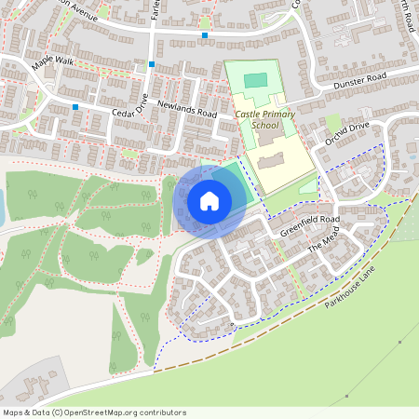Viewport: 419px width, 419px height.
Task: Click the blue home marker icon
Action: coord(209,200)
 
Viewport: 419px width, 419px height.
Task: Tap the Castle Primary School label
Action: coord(264,119)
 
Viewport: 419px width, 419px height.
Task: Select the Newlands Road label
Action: coord(186,109)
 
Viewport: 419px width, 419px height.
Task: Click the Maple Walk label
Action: coord(51,62)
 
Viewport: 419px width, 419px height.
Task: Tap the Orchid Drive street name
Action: coord(347,133)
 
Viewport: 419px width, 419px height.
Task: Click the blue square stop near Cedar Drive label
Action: coord(75,107)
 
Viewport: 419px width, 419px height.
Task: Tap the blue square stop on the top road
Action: coord(204,35)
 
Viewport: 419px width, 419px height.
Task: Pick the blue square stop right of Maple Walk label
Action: coord(151,64)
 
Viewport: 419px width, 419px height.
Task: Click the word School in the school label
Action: coord(264,125)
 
